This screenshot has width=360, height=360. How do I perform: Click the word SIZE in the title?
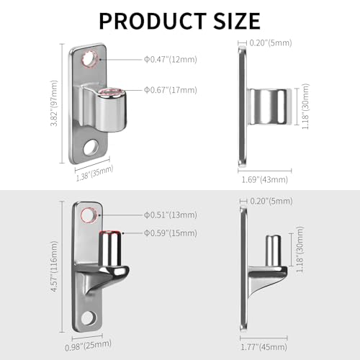[235, 19]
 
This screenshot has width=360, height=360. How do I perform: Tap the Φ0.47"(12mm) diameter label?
[171, 59]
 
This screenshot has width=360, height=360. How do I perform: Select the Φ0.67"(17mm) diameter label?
[171, 89]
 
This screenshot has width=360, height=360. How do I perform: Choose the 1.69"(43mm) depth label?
[265, 179]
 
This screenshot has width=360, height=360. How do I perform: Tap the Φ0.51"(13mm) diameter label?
[171, 215]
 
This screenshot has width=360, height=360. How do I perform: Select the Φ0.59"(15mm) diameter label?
[171, 233]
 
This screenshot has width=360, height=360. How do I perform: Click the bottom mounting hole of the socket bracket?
[91, 148]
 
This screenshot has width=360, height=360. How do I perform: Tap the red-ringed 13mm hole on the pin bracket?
[89, 215]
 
